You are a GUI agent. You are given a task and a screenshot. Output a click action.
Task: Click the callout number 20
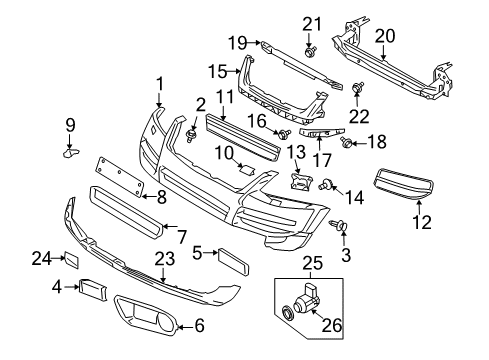(385, 36)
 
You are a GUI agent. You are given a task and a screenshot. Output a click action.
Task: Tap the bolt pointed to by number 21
(310, 52)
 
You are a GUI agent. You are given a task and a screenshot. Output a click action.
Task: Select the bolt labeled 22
(357, 88)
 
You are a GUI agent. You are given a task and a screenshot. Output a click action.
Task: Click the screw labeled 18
(345, 143)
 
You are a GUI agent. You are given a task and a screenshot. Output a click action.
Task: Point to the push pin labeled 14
(325, 184)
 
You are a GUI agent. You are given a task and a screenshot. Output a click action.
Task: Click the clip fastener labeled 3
(338, 225)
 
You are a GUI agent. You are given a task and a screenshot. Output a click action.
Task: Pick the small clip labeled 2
(191, 136)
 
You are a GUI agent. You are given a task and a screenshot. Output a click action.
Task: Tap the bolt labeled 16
(284, 135)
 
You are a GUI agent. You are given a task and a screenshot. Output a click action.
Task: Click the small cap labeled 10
(247, 170)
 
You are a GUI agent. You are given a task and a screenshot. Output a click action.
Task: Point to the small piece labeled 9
(71, 153)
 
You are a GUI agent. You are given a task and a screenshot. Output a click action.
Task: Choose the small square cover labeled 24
(72, 260)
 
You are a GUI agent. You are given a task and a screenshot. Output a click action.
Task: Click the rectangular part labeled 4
(93, 289)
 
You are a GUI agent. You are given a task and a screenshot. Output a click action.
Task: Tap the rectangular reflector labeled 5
(233, 262)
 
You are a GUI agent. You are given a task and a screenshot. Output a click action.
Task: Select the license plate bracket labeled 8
(119, 176)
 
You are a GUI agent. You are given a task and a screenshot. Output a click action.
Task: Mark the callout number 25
(313, 263)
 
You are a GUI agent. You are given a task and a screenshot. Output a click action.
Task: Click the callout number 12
(422, 222)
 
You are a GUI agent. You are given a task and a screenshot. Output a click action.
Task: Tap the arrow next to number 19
(254, 42)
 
